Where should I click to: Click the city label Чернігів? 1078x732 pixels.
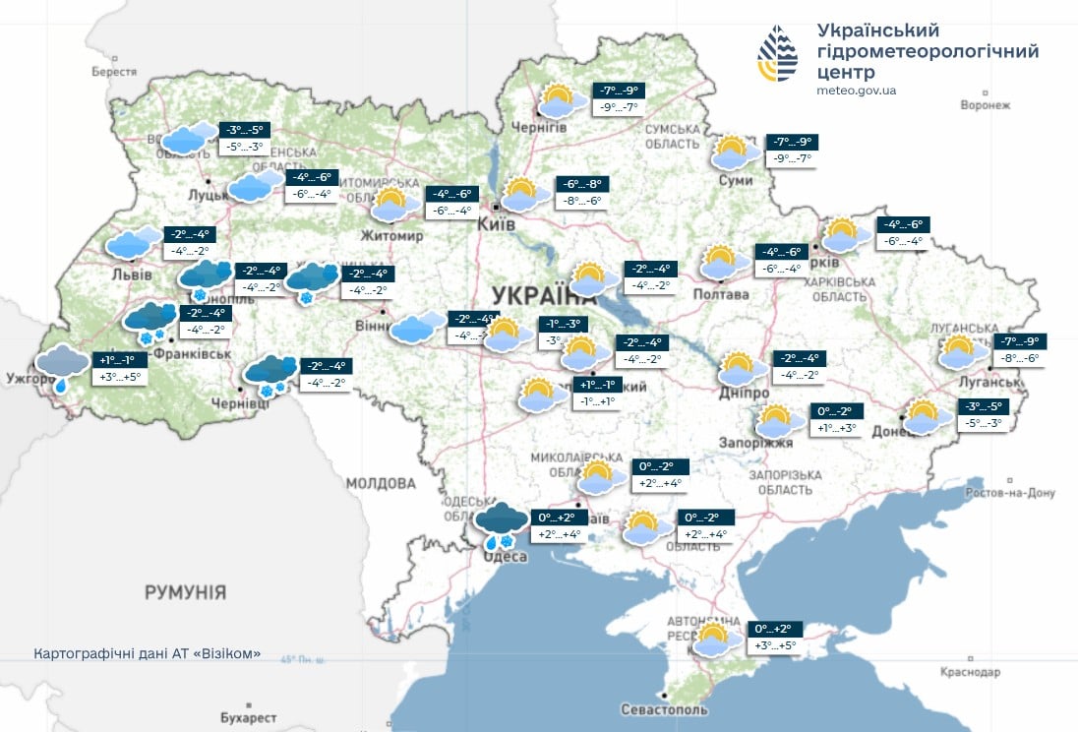[x=539, y=128]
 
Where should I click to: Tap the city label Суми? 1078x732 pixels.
[x=736, y=180]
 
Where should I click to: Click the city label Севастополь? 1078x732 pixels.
[x=664, y=709]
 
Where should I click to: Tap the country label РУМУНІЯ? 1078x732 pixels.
[x=185, y=592]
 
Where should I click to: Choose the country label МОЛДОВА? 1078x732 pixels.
[x=381, y=483]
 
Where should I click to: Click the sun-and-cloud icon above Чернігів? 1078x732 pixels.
[x=558, y=100]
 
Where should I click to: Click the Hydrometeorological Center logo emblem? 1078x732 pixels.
[x=777, y=54]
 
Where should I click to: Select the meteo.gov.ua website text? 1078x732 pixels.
[x=856, y=91]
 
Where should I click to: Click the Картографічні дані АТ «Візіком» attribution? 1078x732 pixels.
[x=148, y=653]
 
